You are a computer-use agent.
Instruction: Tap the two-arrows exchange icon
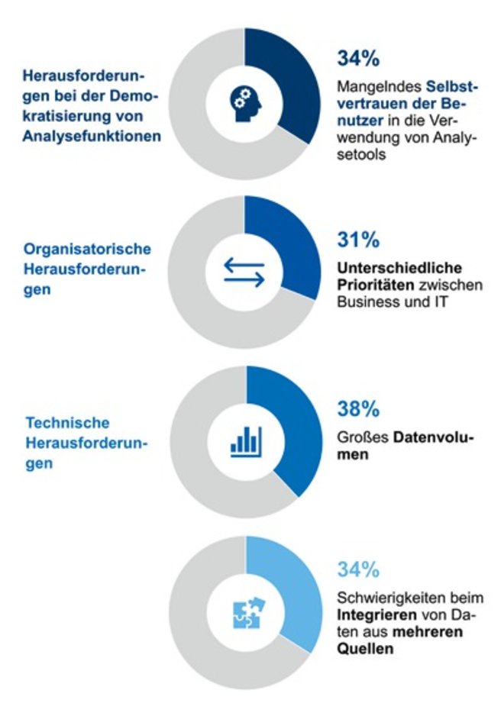(x=244, y=272)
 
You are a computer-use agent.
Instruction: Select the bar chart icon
(x=246, y=442)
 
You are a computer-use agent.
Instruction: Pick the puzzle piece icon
(x=246, y=611)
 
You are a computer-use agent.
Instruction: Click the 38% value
(x=358, y=409)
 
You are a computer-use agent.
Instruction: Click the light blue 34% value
(x=358, y=569)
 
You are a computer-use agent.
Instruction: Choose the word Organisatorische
(x=87, y=250)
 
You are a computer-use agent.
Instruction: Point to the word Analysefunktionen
(x=92, y=136)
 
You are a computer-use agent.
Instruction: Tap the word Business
(x=362, y=302)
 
